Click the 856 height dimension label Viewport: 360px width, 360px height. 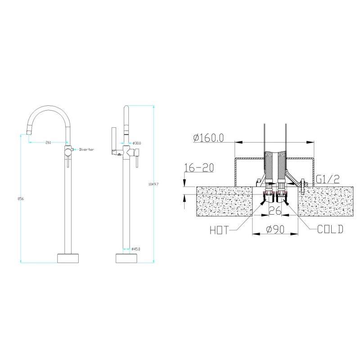[x=21, y=199]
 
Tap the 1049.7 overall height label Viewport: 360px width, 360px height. [x=153, y=184]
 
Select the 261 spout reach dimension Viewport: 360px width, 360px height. [x=48, y=143]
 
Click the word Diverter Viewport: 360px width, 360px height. [x=86, y=149]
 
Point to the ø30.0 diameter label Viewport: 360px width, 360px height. [x=137, y=143]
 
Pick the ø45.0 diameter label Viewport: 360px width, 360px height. [x=136, y=249]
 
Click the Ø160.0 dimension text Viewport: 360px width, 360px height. [x=208, y=138]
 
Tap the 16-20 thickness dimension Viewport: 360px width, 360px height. [x=199, y=167]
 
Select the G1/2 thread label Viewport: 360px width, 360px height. [x=328, y=179]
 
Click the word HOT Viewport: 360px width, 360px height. [x=220, y=230]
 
